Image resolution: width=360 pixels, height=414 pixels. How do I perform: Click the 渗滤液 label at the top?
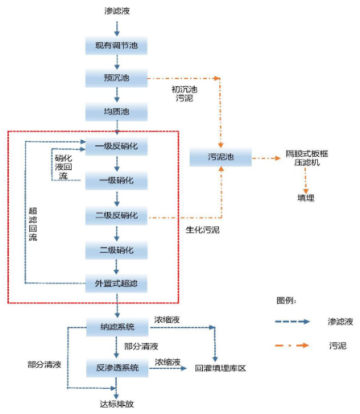coord(117,11)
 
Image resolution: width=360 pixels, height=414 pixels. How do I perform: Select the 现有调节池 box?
coord(118,45)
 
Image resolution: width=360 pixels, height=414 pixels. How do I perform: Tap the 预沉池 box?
coord(118,78)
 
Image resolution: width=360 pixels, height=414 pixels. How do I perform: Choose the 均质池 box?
coord(118,111)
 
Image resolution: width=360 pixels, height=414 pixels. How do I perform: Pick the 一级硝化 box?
coord(118,180)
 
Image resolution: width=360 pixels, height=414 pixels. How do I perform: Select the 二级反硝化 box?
coord(118,215)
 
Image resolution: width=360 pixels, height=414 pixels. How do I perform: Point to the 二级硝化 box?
coord(118,250)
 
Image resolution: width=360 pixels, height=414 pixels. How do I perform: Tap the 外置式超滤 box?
coord(118,283)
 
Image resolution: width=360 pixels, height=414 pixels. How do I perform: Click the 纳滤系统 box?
coord(118,327)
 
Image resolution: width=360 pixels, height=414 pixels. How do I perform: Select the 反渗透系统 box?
coord(118,367)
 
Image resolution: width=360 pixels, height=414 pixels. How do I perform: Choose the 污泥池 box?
coord(217,159)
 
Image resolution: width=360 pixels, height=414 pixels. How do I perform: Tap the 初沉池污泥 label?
coord(184,93)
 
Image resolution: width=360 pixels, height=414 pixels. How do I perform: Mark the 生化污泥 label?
coord(193,231)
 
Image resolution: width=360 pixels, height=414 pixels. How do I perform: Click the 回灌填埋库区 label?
coord(219,367)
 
